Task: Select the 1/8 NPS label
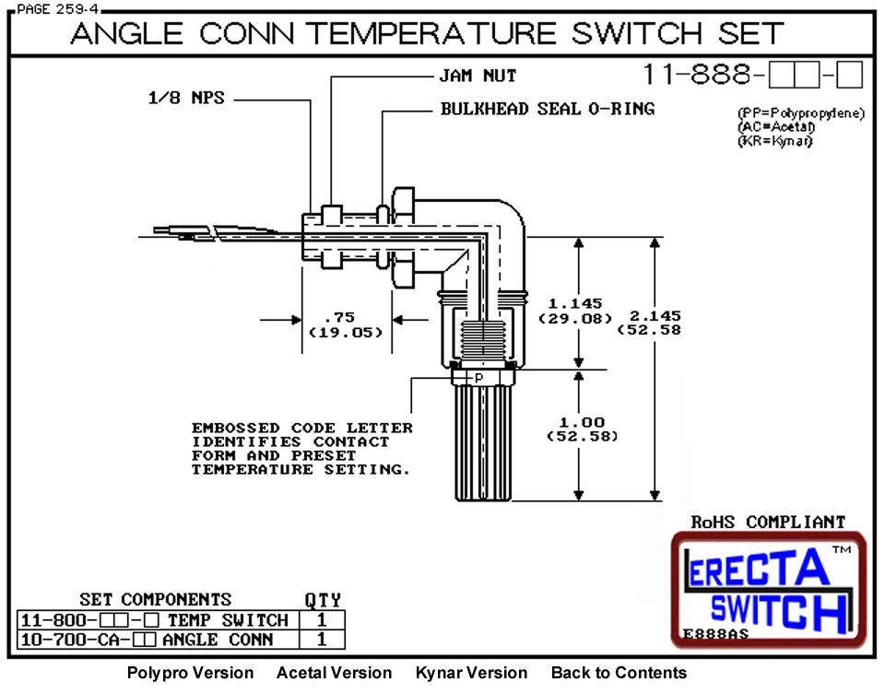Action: point(185,98)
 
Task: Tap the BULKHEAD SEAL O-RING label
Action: point(548,109)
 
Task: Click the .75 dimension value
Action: point(346,318)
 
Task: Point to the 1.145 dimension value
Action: point(574,303)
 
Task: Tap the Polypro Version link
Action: point(190,673)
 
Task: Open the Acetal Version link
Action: point(334,673)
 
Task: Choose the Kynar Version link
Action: point(471,673)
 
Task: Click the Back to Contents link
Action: point(619,673)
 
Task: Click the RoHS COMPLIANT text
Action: point(768,522)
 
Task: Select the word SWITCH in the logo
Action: point(777,608)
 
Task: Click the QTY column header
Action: point(323,600)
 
